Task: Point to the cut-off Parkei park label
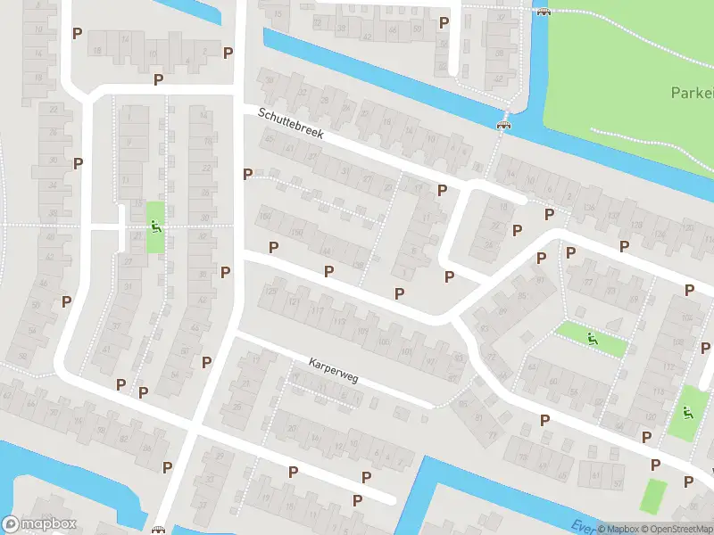tap(692, 93)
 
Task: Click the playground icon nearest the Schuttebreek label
tap(156, 226)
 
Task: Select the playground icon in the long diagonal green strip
tap(592, 338)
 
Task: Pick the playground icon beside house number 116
tap(686, 413)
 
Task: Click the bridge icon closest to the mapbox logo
tap(159, 531)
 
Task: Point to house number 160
tap(264, 217)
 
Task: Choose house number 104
tap(687, 317)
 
